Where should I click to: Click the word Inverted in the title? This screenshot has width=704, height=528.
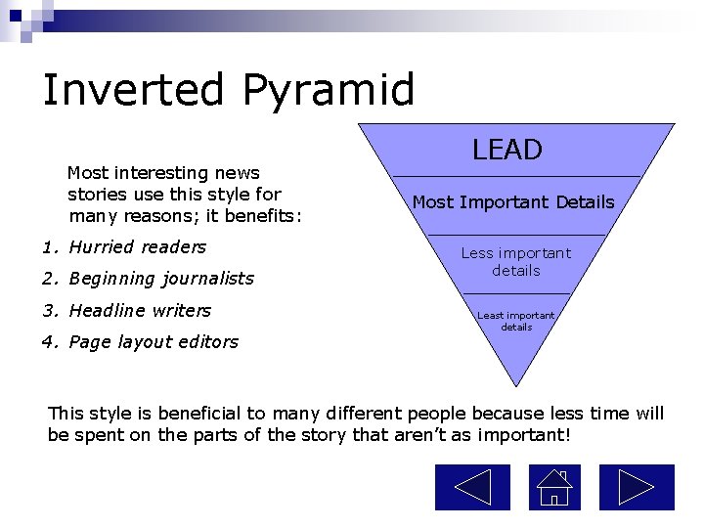point(134,90)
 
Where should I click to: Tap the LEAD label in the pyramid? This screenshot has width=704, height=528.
point(506,150)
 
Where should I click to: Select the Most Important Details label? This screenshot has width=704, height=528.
point(513,202)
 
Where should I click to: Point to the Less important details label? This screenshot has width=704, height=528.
point(516,261)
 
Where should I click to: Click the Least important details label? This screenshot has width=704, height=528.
point(516,321)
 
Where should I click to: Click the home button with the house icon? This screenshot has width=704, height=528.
point(554,487)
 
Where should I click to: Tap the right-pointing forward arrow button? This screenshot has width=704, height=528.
point(637,487)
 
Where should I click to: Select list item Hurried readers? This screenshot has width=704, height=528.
point(137,247)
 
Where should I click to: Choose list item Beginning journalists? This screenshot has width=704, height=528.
point(160,279)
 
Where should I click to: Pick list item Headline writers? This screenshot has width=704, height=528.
point(140,311)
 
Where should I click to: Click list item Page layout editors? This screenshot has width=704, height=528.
point(153,342)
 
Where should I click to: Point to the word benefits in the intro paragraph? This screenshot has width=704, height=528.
point(265,215)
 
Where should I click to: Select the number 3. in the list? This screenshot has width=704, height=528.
point(49,311)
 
